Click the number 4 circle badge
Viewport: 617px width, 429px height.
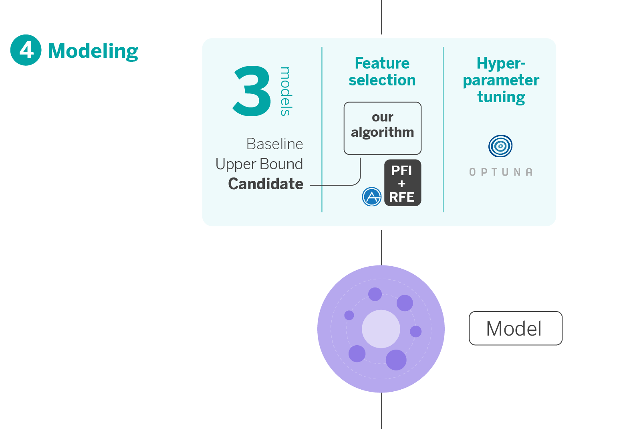point(26,50)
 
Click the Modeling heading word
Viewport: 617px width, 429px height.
point(93,51)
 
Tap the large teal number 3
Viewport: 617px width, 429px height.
point(252,92)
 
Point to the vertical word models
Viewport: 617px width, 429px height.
point(285,91)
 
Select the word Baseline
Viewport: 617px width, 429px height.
point(274,144)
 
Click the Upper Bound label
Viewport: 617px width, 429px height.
point(259,164)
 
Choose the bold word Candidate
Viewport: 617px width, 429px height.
point(266,184)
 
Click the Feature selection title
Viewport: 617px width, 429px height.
point(382,71)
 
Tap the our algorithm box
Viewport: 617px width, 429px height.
point(382,128)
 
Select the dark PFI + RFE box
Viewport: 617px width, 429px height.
point(402,183)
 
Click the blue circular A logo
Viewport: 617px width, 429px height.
point(372,197)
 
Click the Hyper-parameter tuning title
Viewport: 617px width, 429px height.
point(501,80)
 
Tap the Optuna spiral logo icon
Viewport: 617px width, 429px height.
point(500,146)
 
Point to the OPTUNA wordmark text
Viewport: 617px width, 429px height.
point(501,172)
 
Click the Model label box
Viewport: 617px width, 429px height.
point(515,328)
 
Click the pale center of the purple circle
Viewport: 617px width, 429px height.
point(381,329)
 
